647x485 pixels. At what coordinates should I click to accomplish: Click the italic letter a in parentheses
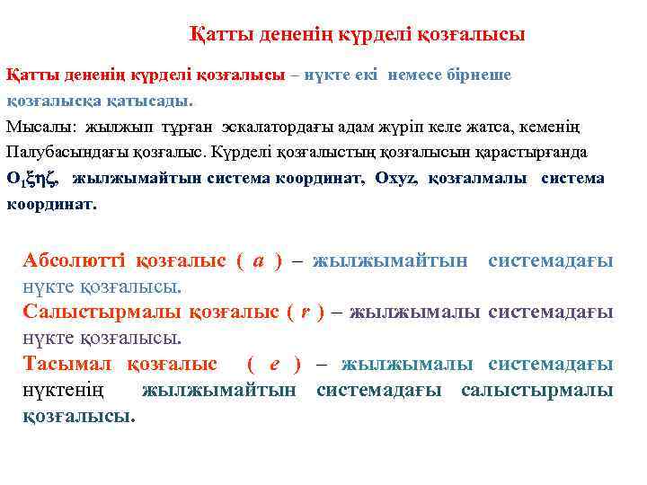[258, 261]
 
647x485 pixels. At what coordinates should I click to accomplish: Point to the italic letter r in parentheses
[306, 313]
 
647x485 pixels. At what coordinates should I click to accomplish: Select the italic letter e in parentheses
[274, 365]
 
